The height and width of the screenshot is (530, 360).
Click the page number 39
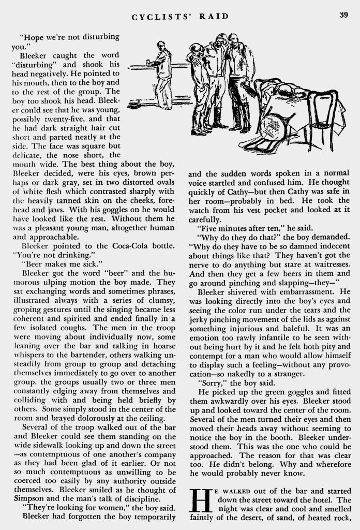[x=343, y=14]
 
